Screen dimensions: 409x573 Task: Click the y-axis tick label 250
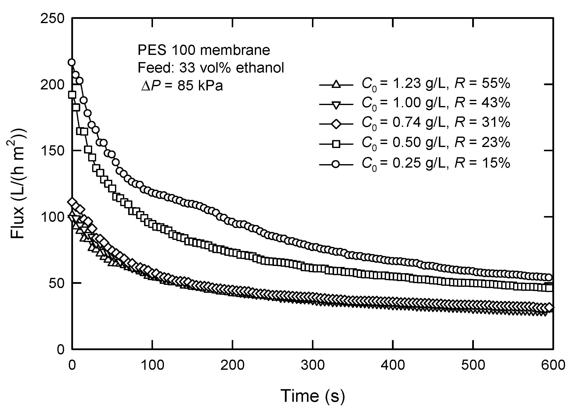point(52,19)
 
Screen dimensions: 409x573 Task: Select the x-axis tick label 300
point(312,365)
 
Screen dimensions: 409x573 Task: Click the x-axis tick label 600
point(553,365)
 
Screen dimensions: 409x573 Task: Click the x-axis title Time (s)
point(312,396)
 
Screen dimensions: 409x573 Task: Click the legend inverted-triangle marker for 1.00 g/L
point(336,104)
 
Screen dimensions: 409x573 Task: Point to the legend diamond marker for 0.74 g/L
point(336,124)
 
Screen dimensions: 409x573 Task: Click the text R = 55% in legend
point(482,83)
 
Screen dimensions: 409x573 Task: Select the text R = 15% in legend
point(482,163)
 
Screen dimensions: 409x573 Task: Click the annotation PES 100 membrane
point(203,50)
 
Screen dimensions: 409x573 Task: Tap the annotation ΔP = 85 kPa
point(182,86)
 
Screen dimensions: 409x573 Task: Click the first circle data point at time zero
point(72,62)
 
